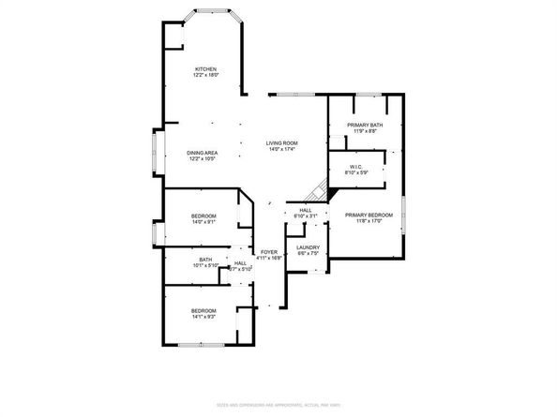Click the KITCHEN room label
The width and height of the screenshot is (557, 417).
(x=205, y=69)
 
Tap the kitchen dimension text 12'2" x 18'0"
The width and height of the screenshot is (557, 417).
(x=205, y=76)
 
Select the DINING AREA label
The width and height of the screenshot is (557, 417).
(x=203, y=152)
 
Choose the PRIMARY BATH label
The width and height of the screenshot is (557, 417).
(x=364, y=126)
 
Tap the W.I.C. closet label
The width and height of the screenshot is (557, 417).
(x=356, y=167)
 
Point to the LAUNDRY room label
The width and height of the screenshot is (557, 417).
(x=309, y=247)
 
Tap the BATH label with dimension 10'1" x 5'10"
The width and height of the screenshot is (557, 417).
(x=205, y=260)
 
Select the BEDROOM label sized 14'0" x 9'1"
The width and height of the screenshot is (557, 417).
(x=203, y=216)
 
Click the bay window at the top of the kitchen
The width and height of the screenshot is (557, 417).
(x=212, y=12)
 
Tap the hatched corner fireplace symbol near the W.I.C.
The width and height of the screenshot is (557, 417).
(x=322, y=190)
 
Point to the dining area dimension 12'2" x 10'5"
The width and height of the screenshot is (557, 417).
(x=203, y=158)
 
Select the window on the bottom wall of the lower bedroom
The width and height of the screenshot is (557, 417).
(x=201, y=345)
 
